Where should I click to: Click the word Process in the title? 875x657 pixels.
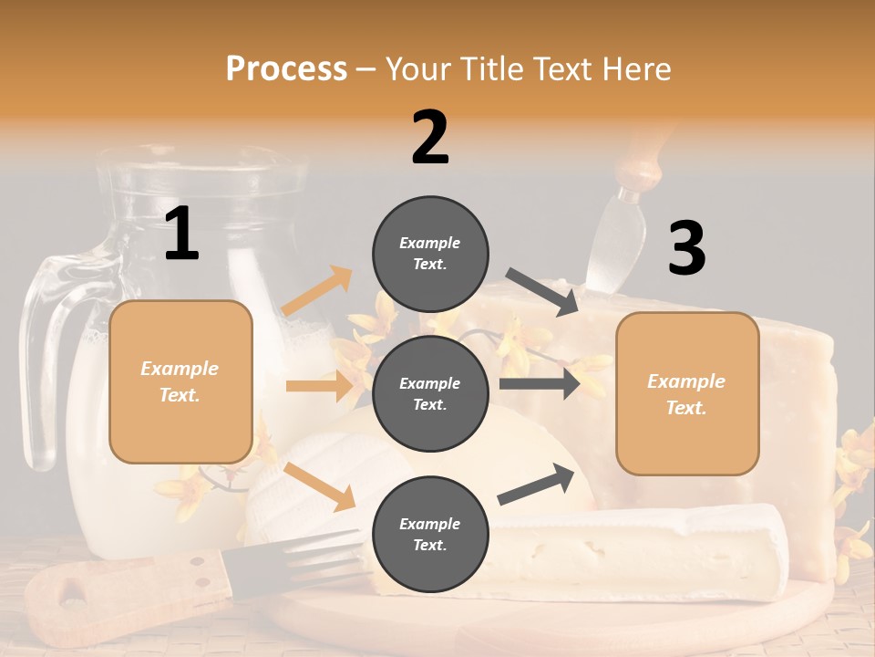(286, 68)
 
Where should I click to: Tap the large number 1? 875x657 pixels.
(181, 235)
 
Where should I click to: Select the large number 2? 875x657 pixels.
(430, 137)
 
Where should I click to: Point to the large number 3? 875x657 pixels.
(686, 248)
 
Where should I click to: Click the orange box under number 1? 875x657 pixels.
(180, 381)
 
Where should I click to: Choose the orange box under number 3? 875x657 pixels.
(687, 393)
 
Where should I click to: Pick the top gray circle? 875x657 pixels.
(430, 254)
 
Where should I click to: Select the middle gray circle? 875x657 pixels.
(430, 393)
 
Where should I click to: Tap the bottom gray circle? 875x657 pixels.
(430, 534)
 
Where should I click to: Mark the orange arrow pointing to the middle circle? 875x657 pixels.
(320, 386)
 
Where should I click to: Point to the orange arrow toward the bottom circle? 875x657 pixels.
(320, 486)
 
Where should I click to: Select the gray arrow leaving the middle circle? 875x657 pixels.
(540, 383)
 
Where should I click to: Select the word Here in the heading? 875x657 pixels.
(635, 68)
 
